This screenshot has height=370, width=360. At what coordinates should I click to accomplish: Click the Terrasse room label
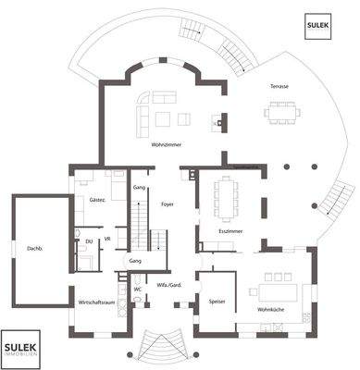(x=279, y=86)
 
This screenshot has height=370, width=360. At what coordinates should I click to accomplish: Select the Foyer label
(x=168, y=203)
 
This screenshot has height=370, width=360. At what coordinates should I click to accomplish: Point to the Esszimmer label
(x=230, y=230)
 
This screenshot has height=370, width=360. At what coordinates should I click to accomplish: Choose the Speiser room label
(x=217, y=301)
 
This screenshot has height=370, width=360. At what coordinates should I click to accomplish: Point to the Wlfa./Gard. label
(x=168, y=284)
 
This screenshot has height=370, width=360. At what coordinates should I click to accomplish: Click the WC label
(x=137, y=290)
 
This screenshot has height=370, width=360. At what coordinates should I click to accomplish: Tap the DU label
(x=89, y=241)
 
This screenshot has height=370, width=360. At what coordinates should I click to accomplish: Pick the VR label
(x=108, y=239)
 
